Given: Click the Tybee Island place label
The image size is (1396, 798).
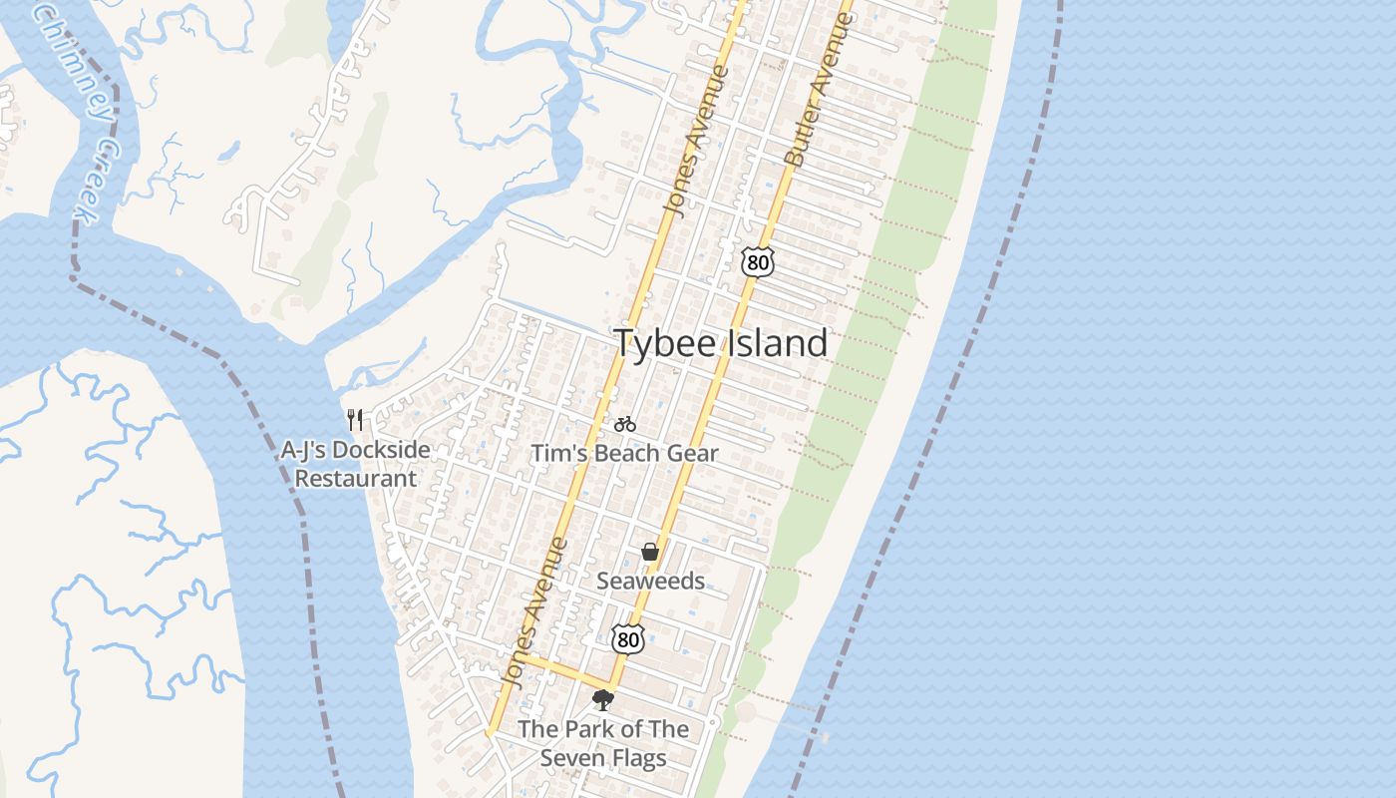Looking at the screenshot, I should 720,343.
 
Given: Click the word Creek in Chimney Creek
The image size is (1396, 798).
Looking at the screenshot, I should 99,180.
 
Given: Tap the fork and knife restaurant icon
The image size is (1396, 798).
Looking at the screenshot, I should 355,419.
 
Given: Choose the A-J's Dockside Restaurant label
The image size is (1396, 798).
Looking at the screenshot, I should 355,464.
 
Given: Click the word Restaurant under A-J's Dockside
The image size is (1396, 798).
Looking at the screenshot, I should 355,479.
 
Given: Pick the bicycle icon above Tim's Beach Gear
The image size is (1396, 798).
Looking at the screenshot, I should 625,425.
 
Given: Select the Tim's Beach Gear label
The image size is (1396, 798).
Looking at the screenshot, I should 624,454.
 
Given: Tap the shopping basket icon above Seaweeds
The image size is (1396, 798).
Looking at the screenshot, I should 650,552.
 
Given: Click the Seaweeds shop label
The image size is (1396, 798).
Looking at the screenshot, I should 650,581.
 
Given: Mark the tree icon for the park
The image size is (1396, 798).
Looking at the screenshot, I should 602,700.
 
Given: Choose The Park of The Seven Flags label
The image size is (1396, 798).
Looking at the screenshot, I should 602,744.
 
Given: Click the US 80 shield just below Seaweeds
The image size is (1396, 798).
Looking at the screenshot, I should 627,638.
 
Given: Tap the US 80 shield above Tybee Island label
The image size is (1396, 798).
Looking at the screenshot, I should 757,262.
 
